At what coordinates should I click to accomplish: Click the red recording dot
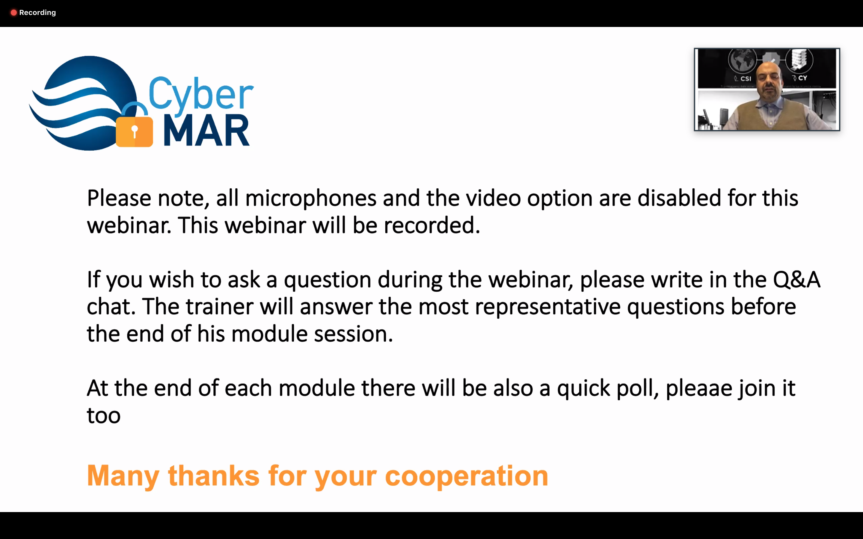tap(13, 13)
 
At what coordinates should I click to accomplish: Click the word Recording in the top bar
tap(37, 13)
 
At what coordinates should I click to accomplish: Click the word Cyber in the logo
tap(201, 94)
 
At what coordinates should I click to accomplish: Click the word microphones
tap(311, 198)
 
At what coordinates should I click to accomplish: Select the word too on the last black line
tap(104, 416)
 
